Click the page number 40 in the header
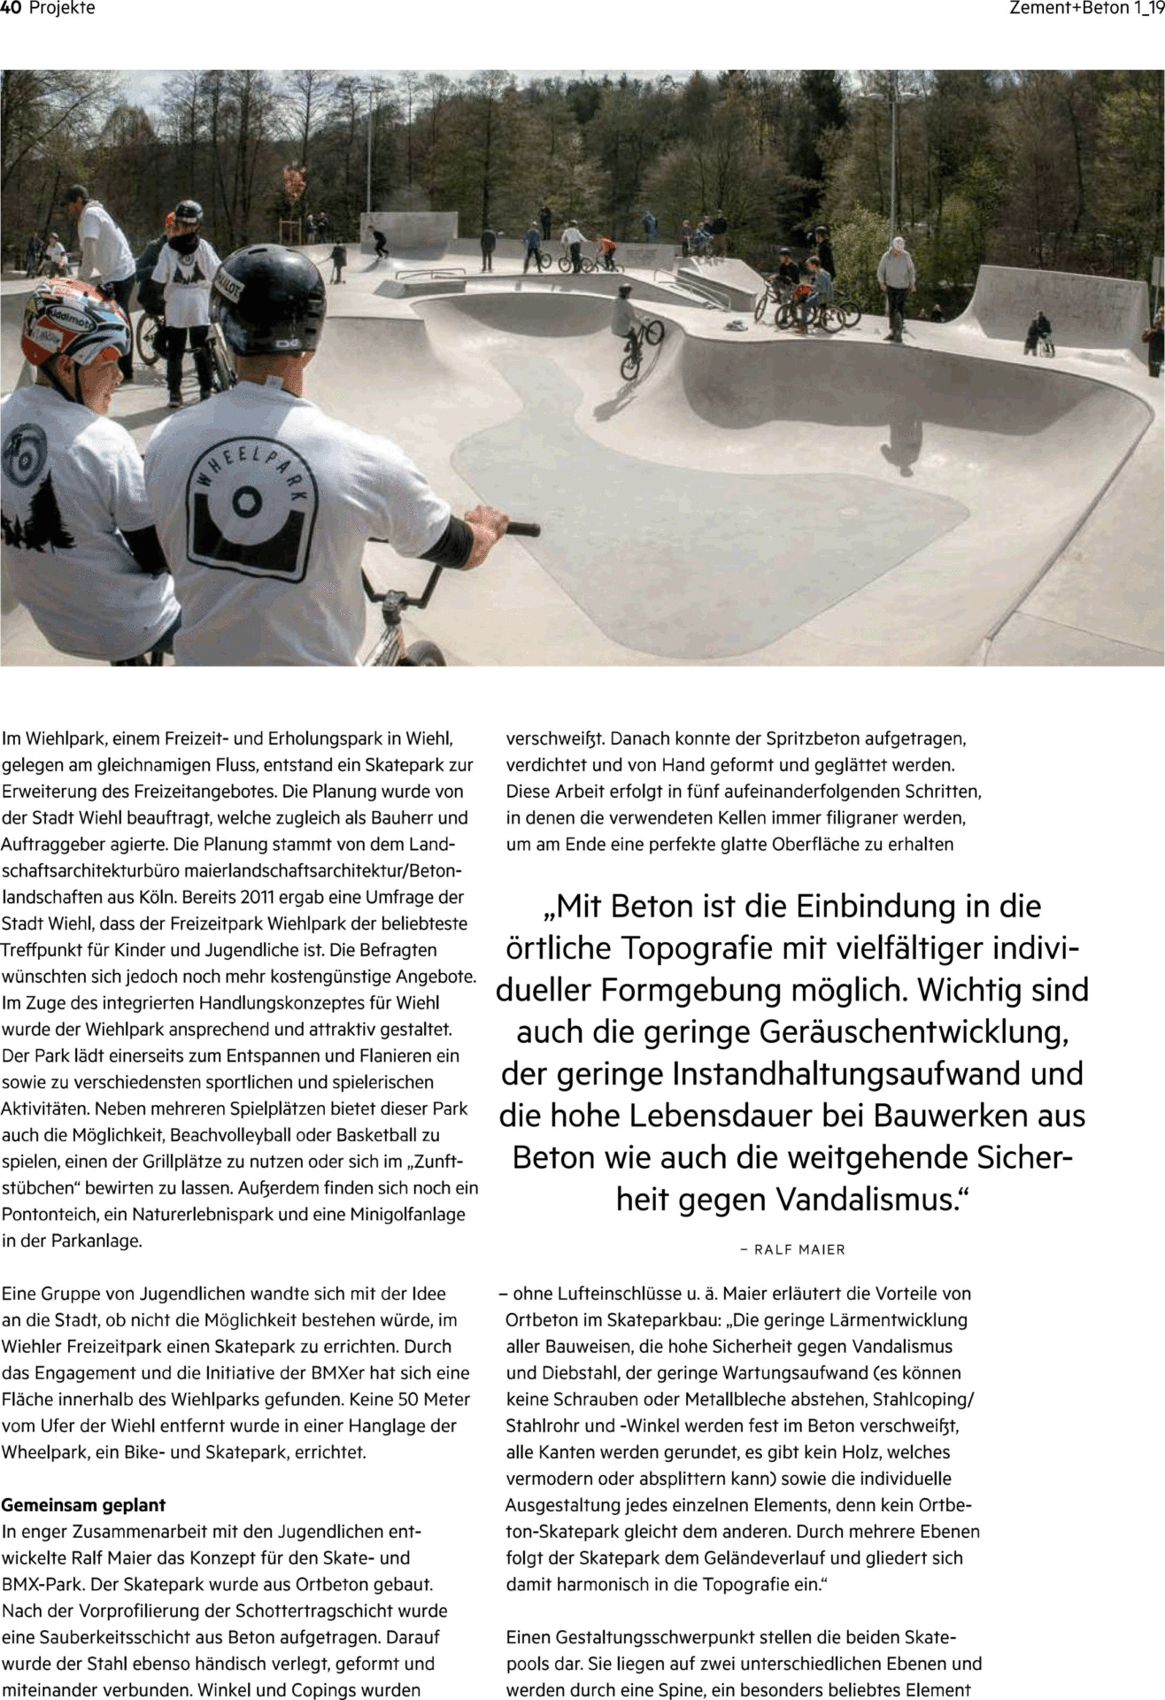tap(12, 9)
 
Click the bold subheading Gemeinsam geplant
tap(84, 1504)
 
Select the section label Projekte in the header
tap(62, 9)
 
